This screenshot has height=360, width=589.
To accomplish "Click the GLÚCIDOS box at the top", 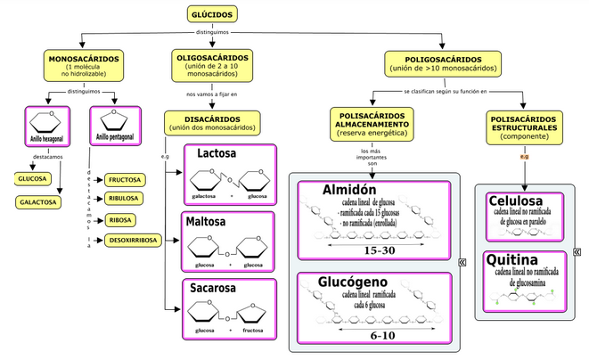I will point(214,13).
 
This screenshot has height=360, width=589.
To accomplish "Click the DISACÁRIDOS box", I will point(212,122).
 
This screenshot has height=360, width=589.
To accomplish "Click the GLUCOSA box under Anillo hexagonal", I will point(32,179).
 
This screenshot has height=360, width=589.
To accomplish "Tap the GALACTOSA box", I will point(38,202).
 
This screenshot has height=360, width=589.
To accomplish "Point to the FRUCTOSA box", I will point(124,179).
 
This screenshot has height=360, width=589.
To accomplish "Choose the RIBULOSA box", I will point(124,200).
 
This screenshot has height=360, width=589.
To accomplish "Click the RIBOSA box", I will point(121,220).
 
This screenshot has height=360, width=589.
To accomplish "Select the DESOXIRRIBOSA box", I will point(135,241).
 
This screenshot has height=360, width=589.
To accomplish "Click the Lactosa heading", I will point(217,153).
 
